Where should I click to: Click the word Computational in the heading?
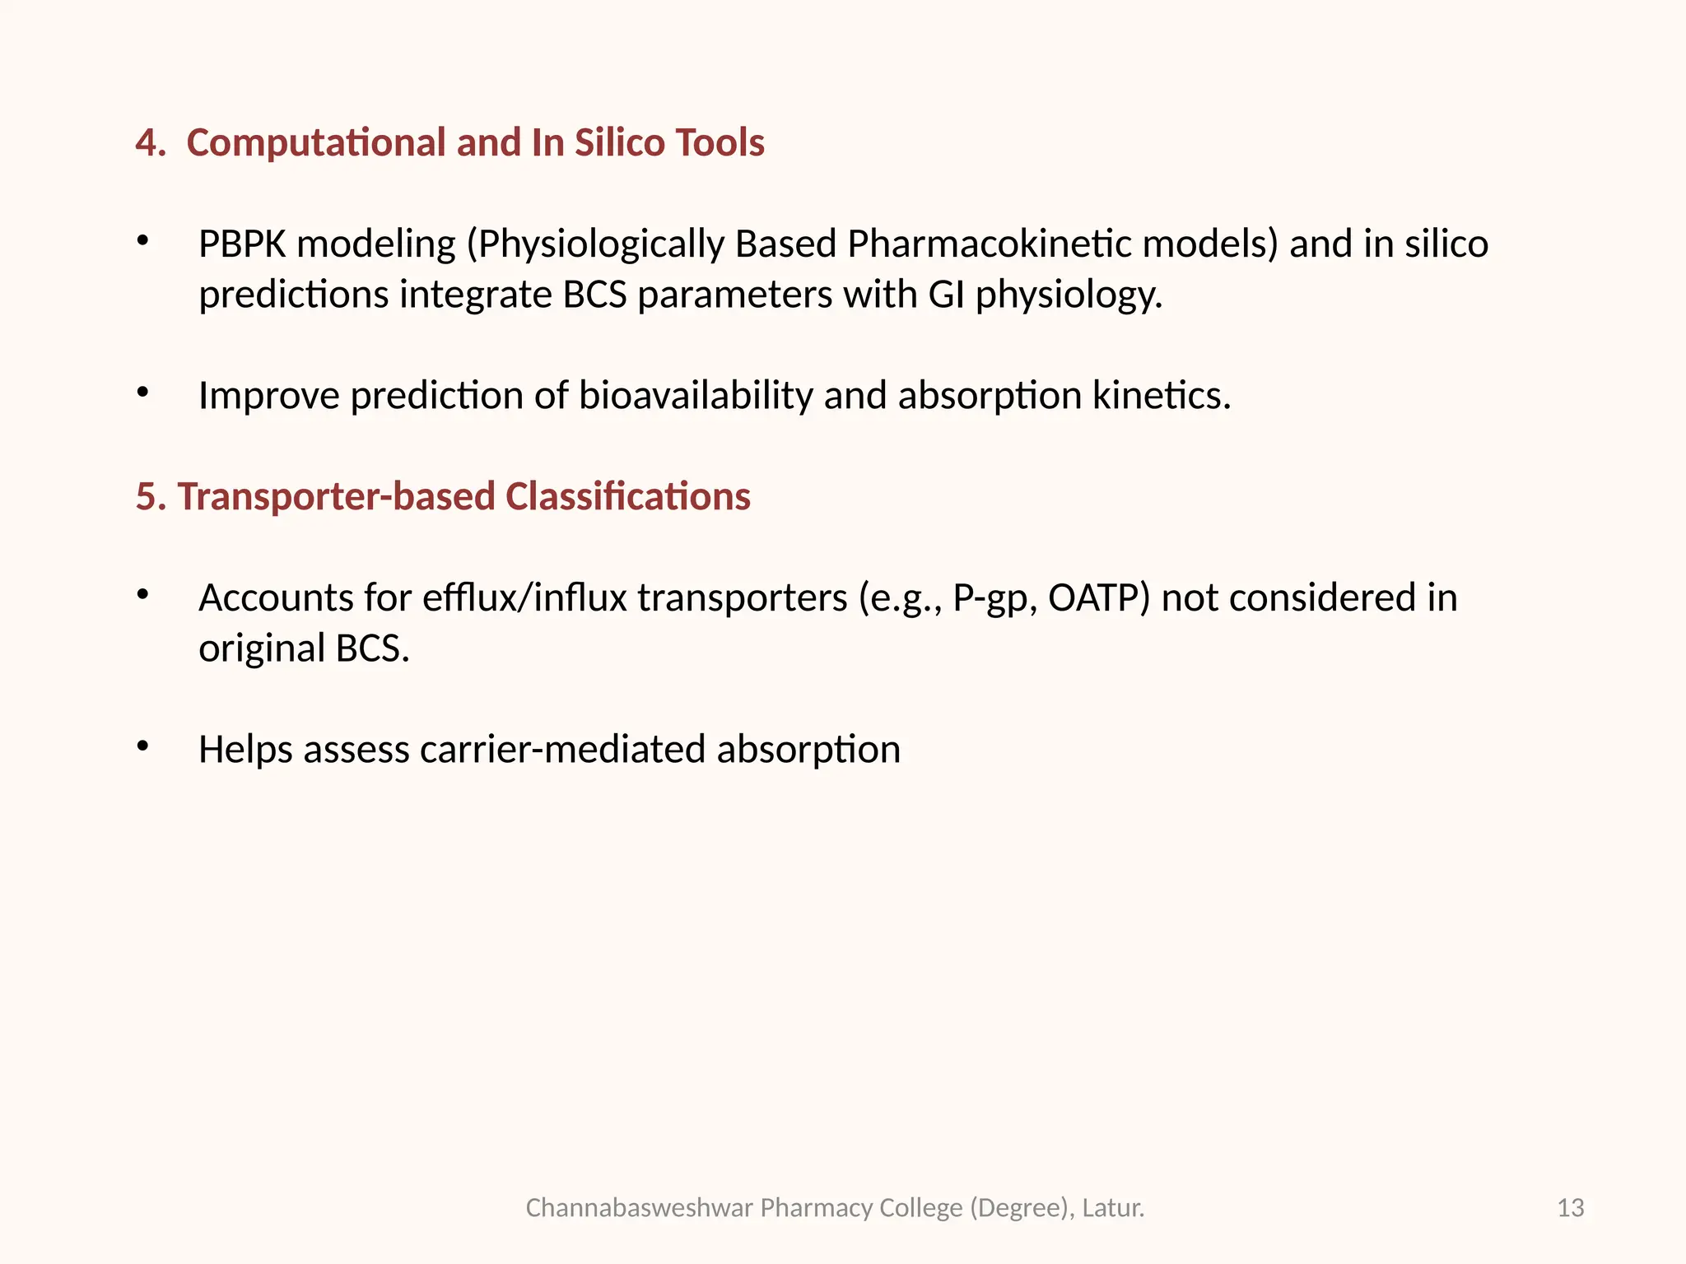click(x=316, y=143)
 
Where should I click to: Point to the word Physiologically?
click(x=595, y=244)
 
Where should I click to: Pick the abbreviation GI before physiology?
click(x=946, y=295)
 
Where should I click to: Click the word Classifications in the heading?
click(x=627, y=497)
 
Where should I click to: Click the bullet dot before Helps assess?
click(x=143, y=746)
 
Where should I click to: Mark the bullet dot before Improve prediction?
click(x=143, y=392)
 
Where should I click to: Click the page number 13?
click(x=1571, y=1208)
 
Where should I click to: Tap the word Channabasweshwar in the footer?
click(x=639, y=1208)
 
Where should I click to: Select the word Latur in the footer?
click(x=1111, y=1208)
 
